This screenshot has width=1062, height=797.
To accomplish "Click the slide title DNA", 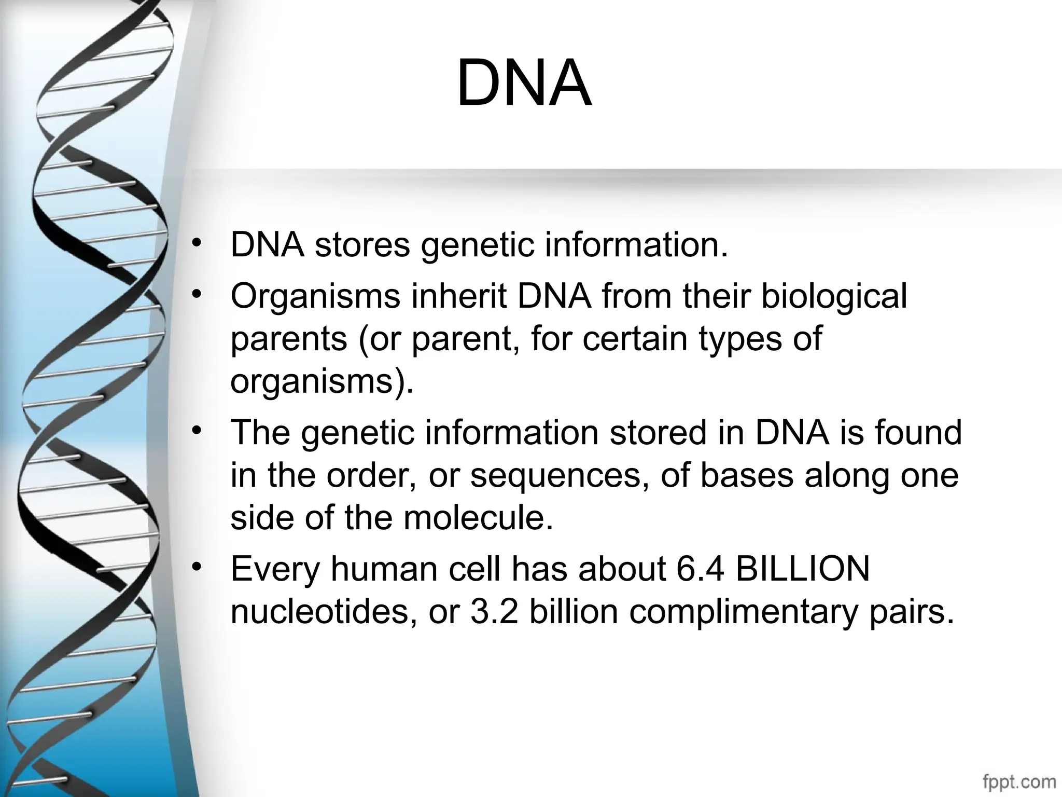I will [x=524, y=83].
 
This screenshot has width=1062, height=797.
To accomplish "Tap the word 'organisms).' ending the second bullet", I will [x=322, y=382].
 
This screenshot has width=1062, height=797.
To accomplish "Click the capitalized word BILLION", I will [x=802, y=569].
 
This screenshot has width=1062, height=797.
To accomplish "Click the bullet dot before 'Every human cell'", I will [x=195, y=567].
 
